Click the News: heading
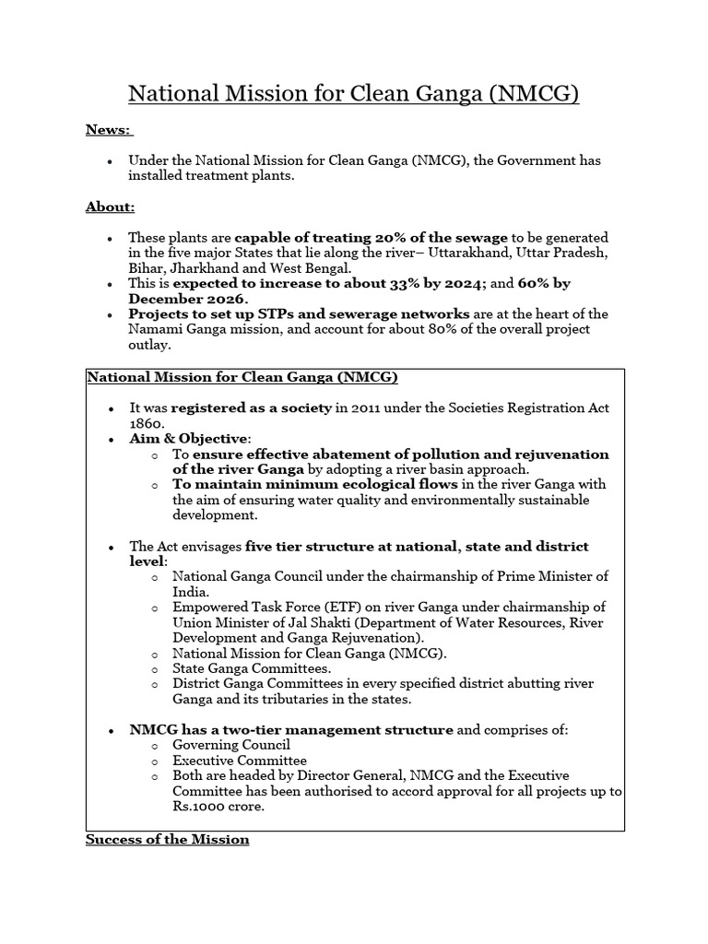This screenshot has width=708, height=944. [x=109, y=129]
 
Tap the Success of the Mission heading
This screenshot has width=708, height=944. [x=167, y=839]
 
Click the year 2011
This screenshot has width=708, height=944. [x=371, y=407]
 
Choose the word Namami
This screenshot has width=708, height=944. [x=154, y=329]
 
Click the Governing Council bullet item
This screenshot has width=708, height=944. [x=231, y=745]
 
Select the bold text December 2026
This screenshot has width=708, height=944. [x=187, y=300]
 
